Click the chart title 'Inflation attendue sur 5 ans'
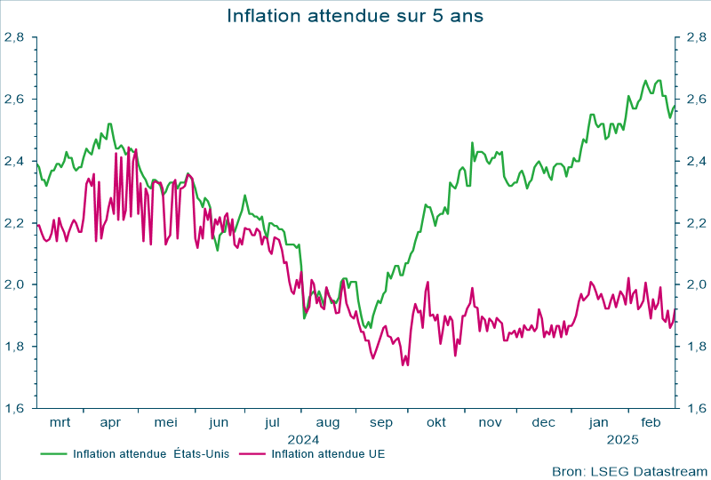(x=355, y=16)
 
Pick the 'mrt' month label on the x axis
(x=60, y=423)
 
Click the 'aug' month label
(x=328, y=423)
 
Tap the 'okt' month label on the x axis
(x=435, y=423)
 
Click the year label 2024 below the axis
(x=302, y=439)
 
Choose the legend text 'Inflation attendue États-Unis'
(x=151, y=453)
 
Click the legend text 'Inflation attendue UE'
(x=328, y=453)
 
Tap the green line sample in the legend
(x=54, y=453)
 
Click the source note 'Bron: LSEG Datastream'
(x=627, y=470)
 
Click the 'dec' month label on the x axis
(x=544, y=423)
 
